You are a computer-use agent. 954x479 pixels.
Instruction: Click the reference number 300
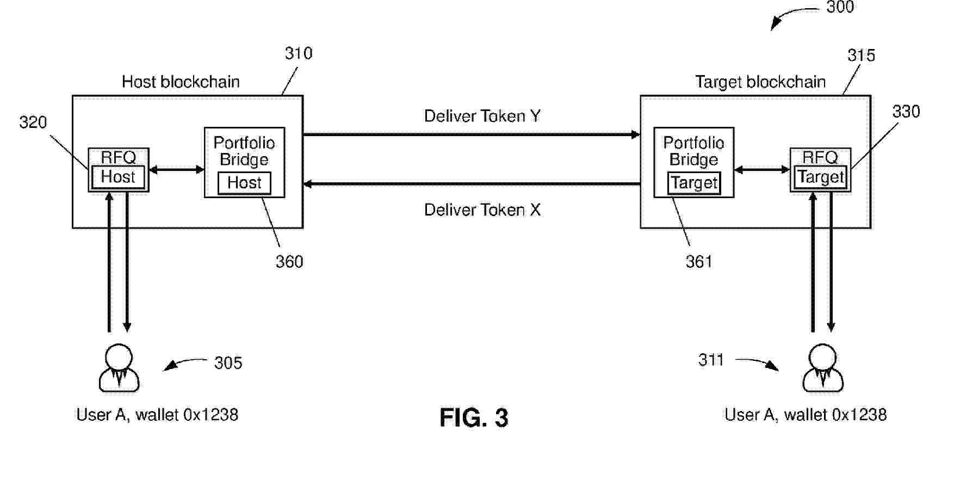[840, 7]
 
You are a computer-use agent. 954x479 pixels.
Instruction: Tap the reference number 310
[299, 53]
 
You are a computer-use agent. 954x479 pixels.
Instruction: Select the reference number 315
[861, 56]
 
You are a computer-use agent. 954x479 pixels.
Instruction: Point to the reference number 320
[33, 122]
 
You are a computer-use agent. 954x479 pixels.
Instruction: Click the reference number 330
[906, 112]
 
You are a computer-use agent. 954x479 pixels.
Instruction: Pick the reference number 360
[289, 262]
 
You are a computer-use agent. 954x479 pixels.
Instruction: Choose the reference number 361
[699, 262]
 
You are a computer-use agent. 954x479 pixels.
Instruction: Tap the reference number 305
[228, 363]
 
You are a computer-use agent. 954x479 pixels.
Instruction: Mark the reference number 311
[711, 360]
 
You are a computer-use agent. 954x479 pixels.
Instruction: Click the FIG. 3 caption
[474, 418]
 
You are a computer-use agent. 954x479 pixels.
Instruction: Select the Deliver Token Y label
[482, 116]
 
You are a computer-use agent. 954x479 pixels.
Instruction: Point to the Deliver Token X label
[482, 210]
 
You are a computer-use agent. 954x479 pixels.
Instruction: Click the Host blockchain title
[181, 82]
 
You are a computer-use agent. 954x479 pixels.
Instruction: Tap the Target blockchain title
[760, 82]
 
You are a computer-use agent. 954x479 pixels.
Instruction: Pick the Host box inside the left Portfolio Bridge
[244, 183]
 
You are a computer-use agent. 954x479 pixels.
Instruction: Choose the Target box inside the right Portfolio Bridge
[694, 183]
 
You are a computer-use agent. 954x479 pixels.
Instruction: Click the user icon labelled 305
[119, 368]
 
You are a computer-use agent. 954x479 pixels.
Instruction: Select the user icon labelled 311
[822, 368]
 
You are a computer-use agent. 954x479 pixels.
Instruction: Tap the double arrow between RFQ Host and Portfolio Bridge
[176, 170]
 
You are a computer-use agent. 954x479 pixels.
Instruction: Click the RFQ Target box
[820, 169]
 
